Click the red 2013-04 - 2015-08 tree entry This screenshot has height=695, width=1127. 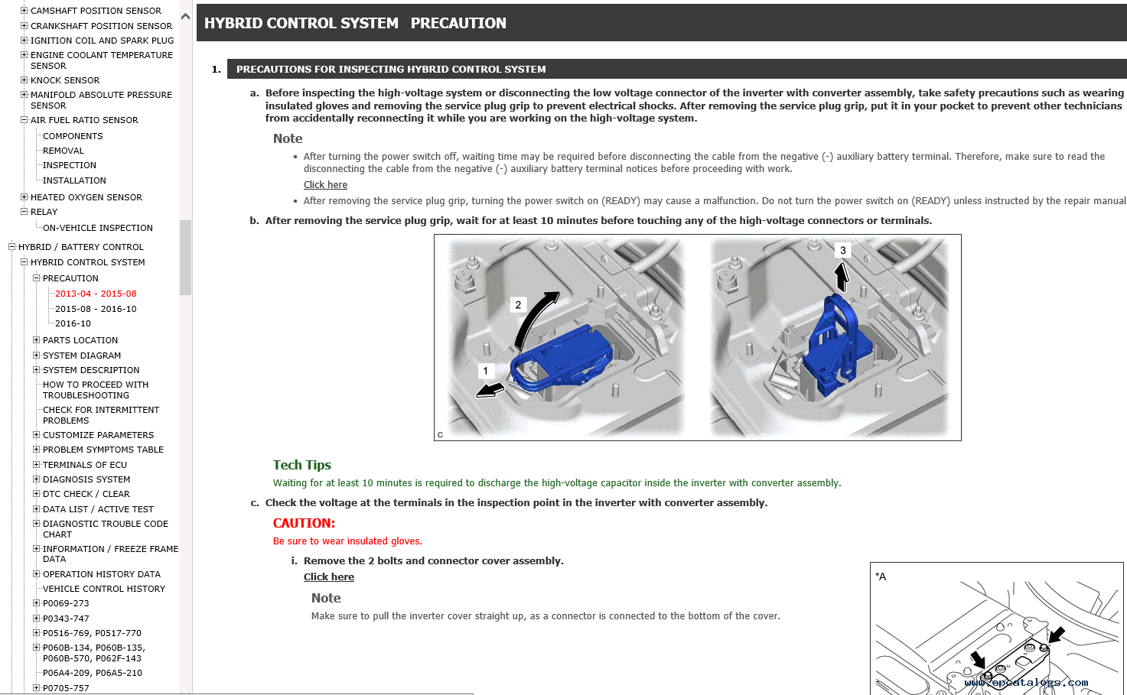point(95,294)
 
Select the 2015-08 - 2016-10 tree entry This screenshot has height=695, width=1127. point(95,309)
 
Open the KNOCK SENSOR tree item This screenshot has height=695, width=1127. point(64,80)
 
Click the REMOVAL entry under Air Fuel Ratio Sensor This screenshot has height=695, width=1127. point(63,151)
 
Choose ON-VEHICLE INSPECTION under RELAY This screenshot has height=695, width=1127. point(97,228)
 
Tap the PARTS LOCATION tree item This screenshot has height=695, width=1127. point(80,340)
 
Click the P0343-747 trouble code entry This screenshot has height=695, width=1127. point(66,619)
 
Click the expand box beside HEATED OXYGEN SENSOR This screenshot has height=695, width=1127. point(24,197)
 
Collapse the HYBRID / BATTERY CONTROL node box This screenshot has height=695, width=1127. point(11,247)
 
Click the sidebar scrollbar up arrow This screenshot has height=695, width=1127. point(185,16)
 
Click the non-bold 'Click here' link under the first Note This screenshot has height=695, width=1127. point(325,185)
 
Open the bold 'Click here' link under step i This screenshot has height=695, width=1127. point(328,577)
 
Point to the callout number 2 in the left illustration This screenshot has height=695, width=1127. point(518,305)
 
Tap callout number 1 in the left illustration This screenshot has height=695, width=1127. point(485,371)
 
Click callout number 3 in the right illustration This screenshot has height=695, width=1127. point(842,250)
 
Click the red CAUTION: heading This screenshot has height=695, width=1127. point(304,524)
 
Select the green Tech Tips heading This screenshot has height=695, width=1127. point(301,465)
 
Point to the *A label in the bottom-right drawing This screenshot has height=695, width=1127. point(881,576)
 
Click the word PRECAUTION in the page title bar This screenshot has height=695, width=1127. point(458,24)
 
